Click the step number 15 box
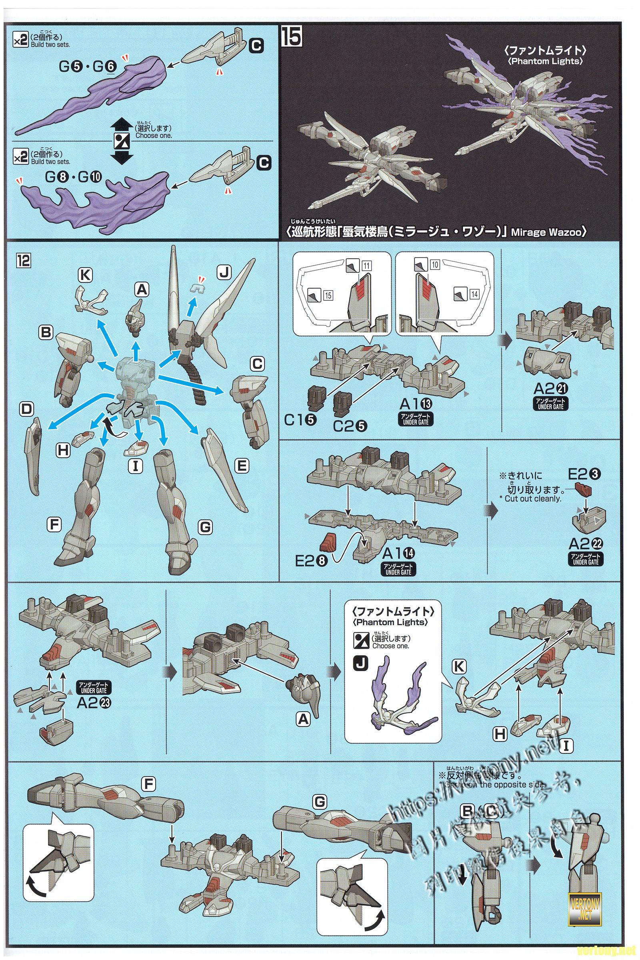click(x=291, y=37)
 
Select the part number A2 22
click(x=585, y=544)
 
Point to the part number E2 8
click(x=311, y=561)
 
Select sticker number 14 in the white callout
click(x=474, y=294)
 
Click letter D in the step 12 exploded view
click(x=26, y=409)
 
